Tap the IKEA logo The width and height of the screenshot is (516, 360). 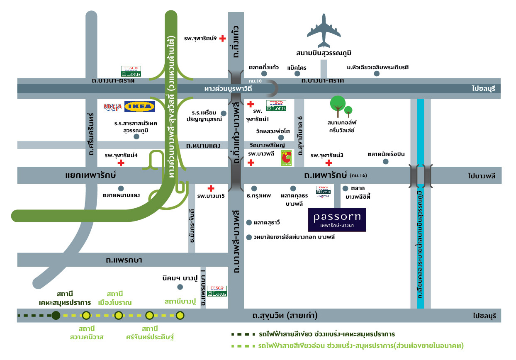pyautogui.click(x=140, y=107)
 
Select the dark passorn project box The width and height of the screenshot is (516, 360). pyautogui.click(x=337, y=219)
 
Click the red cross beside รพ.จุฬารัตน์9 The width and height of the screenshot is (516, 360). pyautogui.click(x=223, y=39)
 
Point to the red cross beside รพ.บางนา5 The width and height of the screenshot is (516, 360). pyautogui.click(x=211, y=188)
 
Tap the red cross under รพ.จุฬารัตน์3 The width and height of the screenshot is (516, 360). pyautogui.click(x=329, y=163)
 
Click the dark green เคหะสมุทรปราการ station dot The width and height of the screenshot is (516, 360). pyautogui.click(x=56, y=316)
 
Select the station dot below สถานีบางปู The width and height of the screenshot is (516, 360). pyautogui.click(x=180, y=316)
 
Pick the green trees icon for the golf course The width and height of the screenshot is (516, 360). pyautogui.click(x=340, y=107)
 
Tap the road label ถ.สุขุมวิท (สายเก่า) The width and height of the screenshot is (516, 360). pyautogui.click(x=285, y=316)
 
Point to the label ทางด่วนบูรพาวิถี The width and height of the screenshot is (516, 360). pyautogui.click(x=229, y=89)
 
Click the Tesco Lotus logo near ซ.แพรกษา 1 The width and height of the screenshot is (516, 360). pyautogui.click(x=217, y=291)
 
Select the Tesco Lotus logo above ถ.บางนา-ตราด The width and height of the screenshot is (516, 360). pyautogui.click(x=131, y=71)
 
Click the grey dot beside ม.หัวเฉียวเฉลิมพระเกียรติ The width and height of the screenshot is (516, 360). pyautogui.click(x=377, y=73)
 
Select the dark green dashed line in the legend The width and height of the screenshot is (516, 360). pyautogui.click(x=243, y=334)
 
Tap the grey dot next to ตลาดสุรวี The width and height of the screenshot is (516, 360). pyautogui.click(x=249, y=223)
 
